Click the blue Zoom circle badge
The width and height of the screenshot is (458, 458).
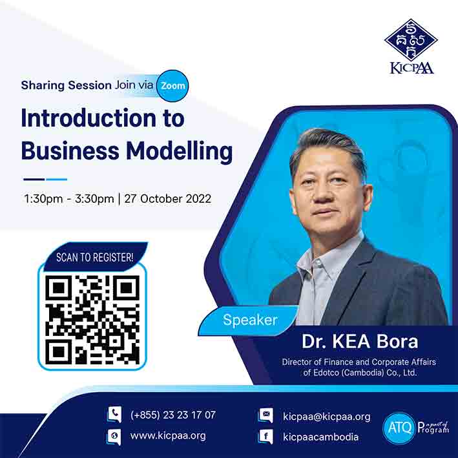pyautogui.click(x=172, y=85)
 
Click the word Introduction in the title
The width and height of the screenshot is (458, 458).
pyautogui.click(x=88, y=118)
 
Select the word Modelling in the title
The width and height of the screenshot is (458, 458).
pyautogui.click(x=179, y=152)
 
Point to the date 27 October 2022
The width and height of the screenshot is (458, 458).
pyautogui.click(x=168, y=199)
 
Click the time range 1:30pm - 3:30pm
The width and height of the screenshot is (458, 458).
pyautogui.click(x=69, y=199)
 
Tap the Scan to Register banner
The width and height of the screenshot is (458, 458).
pyautogui.click(x=95, y=256)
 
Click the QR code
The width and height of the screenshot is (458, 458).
pyautogui.click(x=92, y=320)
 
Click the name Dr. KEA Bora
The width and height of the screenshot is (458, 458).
pyautogui.click(x=360, y=341)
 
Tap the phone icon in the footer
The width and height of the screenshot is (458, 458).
pyautogui.click(x=114, y=414)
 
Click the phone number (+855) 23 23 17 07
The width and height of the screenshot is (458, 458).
pyautogui.click(x=173, y=415)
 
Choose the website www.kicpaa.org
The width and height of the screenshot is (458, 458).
pyautogui.click(x=168, y=436)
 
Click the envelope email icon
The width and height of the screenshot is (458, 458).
pyautogui.click(x=265, y=415)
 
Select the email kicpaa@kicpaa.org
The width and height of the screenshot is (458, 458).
pyautogui.click(x=327, y=417)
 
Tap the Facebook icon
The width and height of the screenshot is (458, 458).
pyautogui.click(x=265, y=437)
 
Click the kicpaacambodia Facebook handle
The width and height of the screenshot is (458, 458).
pyautogui.click(x=320, y=437)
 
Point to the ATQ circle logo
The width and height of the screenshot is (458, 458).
pyautogui.click(x=399, y=428)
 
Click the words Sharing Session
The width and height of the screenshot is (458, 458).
pyautogui.click(x=67, y=85)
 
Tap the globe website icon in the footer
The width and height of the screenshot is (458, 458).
pyautogui.click(x=114, y=437)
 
